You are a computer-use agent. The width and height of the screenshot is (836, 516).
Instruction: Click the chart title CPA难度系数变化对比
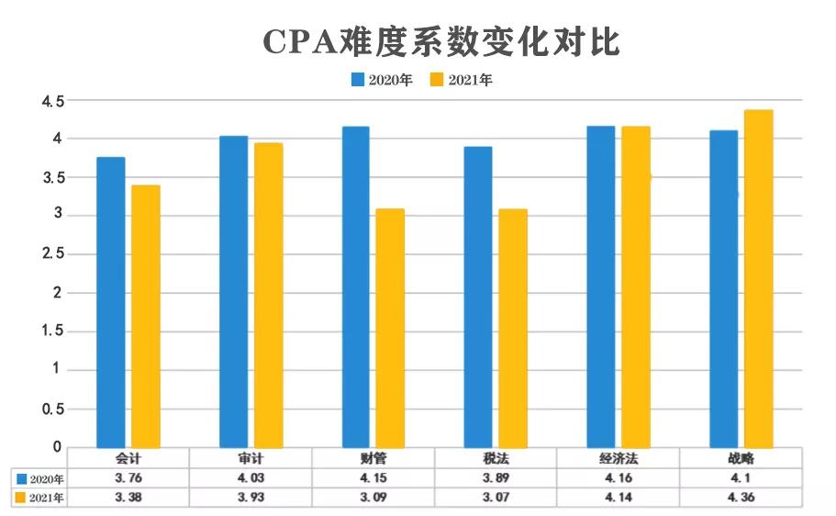click(x=441, y=42)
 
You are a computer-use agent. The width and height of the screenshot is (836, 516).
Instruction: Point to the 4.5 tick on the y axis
click(x=51, y=101)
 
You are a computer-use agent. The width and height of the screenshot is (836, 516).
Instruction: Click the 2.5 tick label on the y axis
click(x=51, y=254)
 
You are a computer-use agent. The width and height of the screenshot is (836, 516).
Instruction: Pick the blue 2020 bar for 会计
click(x=111, y=302)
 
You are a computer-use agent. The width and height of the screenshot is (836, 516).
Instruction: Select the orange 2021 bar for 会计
click(x=146, y=316)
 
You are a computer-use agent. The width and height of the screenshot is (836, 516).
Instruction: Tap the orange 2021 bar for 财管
click(x=390, y=328)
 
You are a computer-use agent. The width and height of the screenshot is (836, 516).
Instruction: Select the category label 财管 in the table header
click(x=373, y=457)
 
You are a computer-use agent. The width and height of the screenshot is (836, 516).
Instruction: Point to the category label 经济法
click(x=618, y=457)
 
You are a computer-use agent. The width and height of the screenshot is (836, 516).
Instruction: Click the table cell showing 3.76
click(x=128, y=477)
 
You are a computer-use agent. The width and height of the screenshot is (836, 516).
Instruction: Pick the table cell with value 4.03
click(x=251, y=477)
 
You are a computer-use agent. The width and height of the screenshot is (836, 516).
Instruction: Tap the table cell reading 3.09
click(x=373, y=498)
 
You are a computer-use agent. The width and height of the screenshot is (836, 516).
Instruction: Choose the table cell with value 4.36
click(x=740, y=498)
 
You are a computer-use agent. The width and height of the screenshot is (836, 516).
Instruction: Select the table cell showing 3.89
click(x=496, y=477)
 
